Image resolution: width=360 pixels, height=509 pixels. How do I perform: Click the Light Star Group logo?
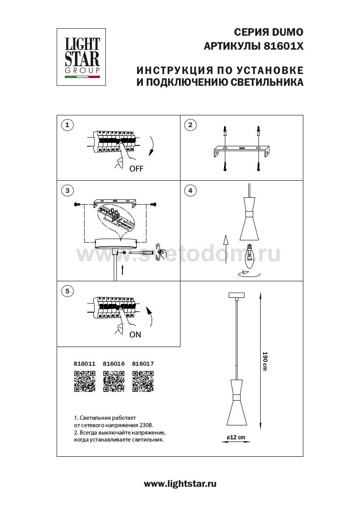[x=83, y=57]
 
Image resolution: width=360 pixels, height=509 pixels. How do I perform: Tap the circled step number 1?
[x=67, y=125]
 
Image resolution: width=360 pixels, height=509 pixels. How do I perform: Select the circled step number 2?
[x=190, y=125]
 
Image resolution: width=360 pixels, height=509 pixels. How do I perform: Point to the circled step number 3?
[x=67, y=190]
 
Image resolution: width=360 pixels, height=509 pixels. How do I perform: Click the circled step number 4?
[x=190, y=190]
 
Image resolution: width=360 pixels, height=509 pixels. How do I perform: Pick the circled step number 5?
[x=67, y=291]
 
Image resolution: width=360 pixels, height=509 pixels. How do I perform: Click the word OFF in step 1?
[x=136, y=169]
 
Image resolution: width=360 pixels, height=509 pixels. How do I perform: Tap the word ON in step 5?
[x=135, y=335]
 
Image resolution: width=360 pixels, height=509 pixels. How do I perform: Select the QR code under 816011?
[x=85, y=381]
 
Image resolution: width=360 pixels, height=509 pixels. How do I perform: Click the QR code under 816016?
[x=114, y=381]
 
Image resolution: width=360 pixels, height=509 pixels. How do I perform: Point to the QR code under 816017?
[x=143, y=381]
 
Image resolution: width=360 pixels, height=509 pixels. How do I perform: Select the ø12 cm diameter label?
[x=235, y=437]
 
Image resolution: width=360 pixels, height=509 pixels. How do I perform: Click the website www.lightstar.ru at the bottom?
[x=180, y=483]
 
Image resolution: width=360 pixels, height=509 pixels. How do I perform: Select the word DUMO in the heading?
[x=288, y=32]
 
